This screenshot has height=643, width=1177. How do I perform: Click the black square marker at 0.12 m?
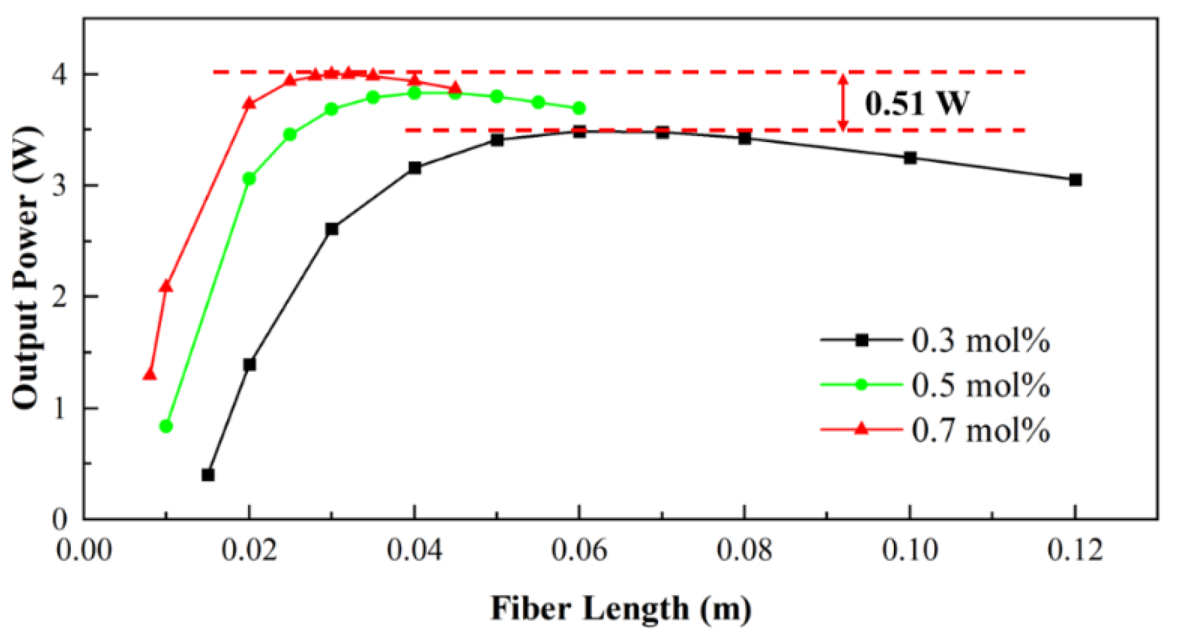pos(1075,180)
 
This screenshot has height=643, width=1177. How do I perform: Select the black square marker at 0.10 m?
pos(910,158)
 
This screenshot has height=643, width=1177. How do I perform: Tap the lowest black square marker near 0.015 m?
pos(208,475)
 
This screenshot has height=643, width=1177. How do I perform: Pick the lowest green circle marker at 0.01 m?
pos(166,426)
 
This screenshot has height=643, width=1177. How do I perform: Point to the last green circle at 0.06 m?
pos(579,108)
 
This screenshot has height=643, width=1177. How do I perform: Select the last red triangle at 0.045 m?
pos(456,89)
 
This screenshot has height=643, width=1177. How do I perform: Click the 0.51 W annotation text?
pos(917,103)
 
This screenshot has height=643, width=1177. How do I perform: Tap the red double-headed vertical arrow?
pos(842,102)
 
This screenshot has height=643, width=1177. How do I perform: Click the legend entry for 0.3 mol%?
pos(936,340)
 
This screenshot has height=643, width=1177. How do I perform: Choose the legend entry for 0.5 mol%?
pos(936,385)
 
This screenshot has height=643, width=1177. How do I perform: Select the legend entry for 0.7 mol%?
pos(936,430)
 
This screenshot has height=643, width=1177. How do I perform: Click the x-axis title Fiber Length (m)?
pos(621,609)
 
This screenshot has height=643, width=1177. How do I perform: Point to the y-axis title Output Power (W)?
pos(26,267)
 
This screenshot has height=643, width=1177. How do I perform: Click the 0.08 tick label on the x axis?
pos(744,551)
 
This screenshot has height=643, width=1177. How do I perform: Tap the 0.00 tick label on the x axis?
pos(84,551)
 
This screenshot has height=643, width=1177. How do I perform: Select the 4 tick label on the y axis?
pos(60,75)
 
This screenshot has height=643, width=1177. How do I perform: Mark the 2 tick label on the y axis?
pos(60,297)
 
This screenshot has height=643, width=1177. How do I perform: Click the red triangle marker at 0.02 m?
pos(249,103)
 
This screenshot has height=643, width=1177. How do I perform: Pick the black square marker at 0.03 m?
pos(332,229)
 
